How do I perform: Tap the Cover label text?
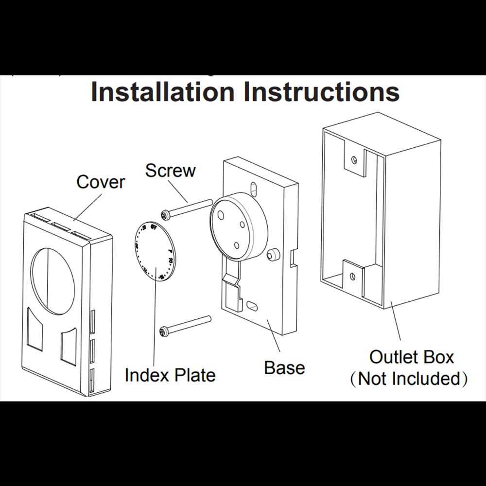tap(101, 182)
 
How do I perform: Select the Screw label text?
tap(170, 171)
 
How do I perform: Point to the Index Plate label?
tap(170, 375)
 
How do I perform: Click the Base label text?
tap(284, 367)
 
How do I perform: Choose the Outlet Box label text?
tap(411, 357)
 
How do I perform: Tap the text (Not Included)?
tap(409, 379)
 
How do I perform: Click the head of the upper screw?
tap(165, 214)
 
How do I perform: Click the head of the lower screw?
tap(164, 332)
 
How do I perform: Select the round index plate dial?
tap(154, 251)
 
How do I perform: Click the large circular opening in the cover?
tap(53, 275)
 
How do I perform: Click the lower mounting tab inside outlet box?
tap(352, 275)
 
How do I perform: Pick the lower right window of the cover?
tap(69, 346)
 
